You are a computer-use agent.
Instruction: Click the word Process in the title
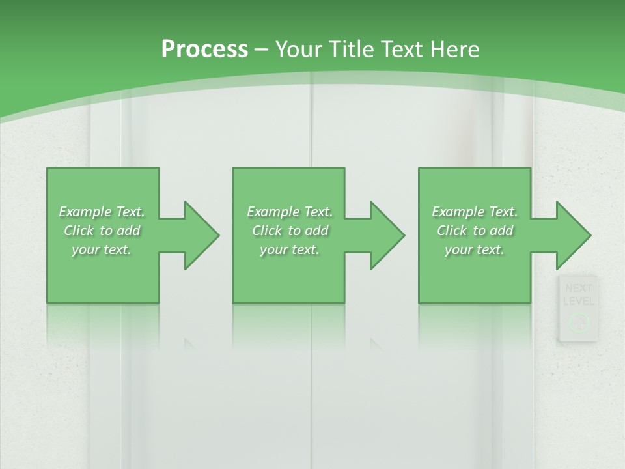pyautogui.click(x=204, y=50)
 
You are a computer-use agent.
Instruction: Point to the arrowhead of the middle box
pyautogui.click(x=386, y=235)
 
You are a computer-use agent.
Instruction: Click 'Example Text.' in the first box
pyautogui.click(x=102, y=212)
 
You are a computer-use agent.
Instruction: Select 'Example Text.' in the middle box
pyautogui.click(x=290, y=212)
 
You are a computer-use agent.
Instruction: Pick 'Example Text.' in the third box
pyautogui.click(x=475, y=212)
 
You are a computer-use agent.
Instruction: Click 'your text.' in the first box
pyautogui.click(x=102, y=249)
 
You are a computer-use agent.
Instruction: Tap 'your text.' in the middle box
pyautogui.click(x=290, y=249)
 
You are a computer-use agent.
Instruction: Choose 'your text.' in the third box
pyautogui.click(x=475, y=249)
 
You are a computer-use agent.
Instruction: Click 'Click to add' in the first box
pyautogui.click(x=102, y=231)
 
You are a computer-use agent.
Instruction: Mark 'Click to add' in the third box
pyautogui.click(x=475, y=231)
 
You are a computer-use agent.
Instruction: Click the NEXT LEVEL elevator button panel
pyautogui.click(x=578, y=308)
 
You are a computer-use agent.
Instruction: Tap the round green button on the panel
pyautogui.click(x=578, y=322)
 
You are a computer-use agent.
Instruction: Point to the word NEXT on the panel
pyautogui.click(x=578, y=288)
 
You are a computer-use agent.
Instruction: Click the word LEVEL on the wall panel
pyautogui.click(x=578, y=301)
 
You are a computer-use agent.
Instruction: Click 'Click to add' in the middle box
pyautogui.click(x=290, y=231)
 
